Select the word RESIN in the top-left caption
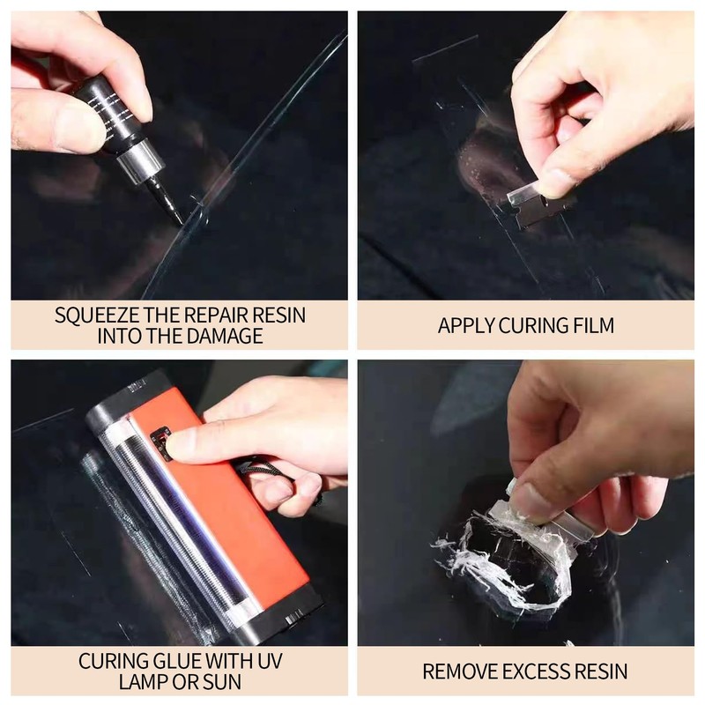click(281, 315)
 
